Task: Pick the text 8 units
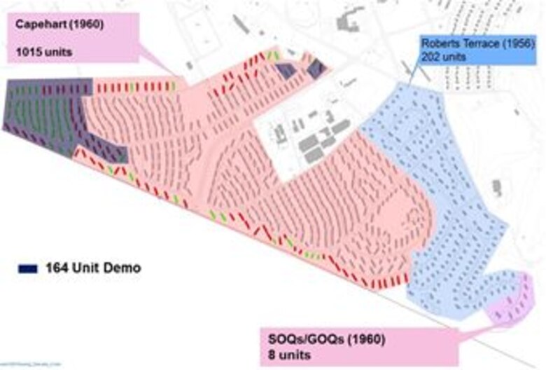(284, 355)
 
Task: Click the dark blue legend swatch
(27, 268)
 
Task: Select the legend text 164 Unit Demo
(93, 268)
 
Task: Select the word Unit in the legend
(89, 268)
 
